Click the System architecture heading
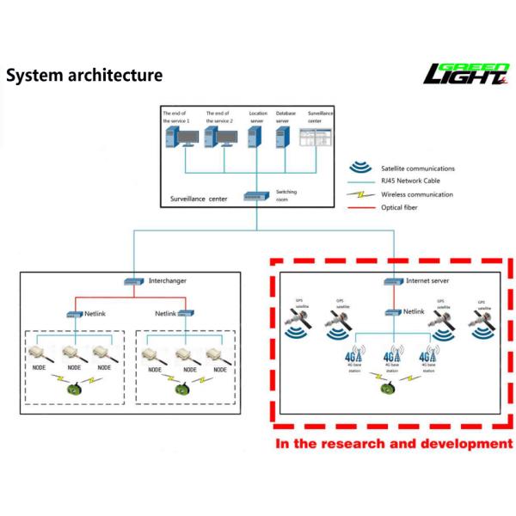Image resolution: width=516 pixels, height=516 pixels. pyautogui.click(x=84, y=76)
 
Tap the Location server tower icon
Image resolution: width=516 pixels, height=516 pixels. pyautogui.click(x=255, y=137)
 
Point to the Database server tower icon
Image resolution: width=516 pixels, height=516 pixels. pyautogui.click(x=282, y=137)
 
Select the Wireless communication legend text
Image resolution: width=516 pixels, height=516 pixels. pyautogui.click(x=417, y=194)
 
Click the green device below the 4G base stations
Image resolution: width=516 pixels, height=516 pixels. pyautogui.click(x=392, y=387)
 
